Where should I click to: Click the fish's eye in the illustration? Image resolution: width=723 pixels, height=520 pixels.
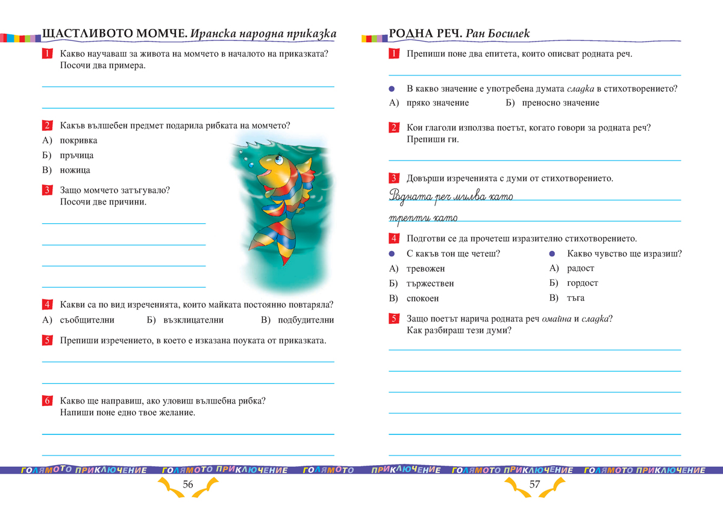coord(278,160)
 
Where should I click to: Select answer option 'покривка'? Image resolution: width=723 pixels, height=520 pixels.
coord(78,141)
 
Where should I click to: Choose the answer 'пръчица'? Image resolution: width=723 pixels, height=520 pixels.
coord(77,156)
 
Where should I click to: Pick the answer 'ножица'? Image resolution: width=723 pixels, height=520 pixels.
coord(75,170)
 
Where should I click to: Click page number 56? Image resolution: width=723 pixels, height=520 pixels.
coord(187,484)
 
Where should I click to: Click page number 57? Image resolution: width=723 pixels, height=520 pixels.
coord(534,484)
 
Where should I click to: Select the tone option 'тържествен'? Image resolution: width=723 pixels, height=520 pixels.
coord(430,284)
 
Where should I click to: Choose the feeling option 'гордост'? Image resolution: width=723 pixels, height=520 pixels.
coord(582,284)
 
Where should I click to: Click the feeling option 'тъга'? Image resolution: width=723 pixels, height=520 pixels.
coord(575,299)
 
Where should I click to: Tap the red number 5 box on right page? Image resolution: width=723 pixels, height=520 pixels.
coord(393,319)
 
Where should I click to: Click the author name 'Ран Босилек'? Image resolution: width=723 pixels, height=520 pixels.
coord(498,34)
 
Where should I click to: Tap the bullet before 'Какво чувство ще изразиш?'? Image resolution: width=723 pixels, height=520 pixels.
coord(552,254)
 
